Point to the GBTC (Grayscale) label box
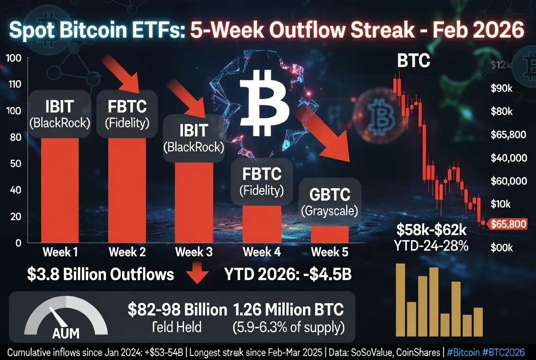click(x=329, y=202)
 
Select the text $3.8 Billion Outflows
click(x=100, y=274)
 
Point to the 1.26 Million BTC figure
click(x=288, y=309)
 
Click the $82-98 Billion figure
click(x=177, y=309)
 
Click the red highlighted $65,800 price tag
click(x=508, y=225)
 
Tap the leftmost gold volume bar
click(x=400, y=300)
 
